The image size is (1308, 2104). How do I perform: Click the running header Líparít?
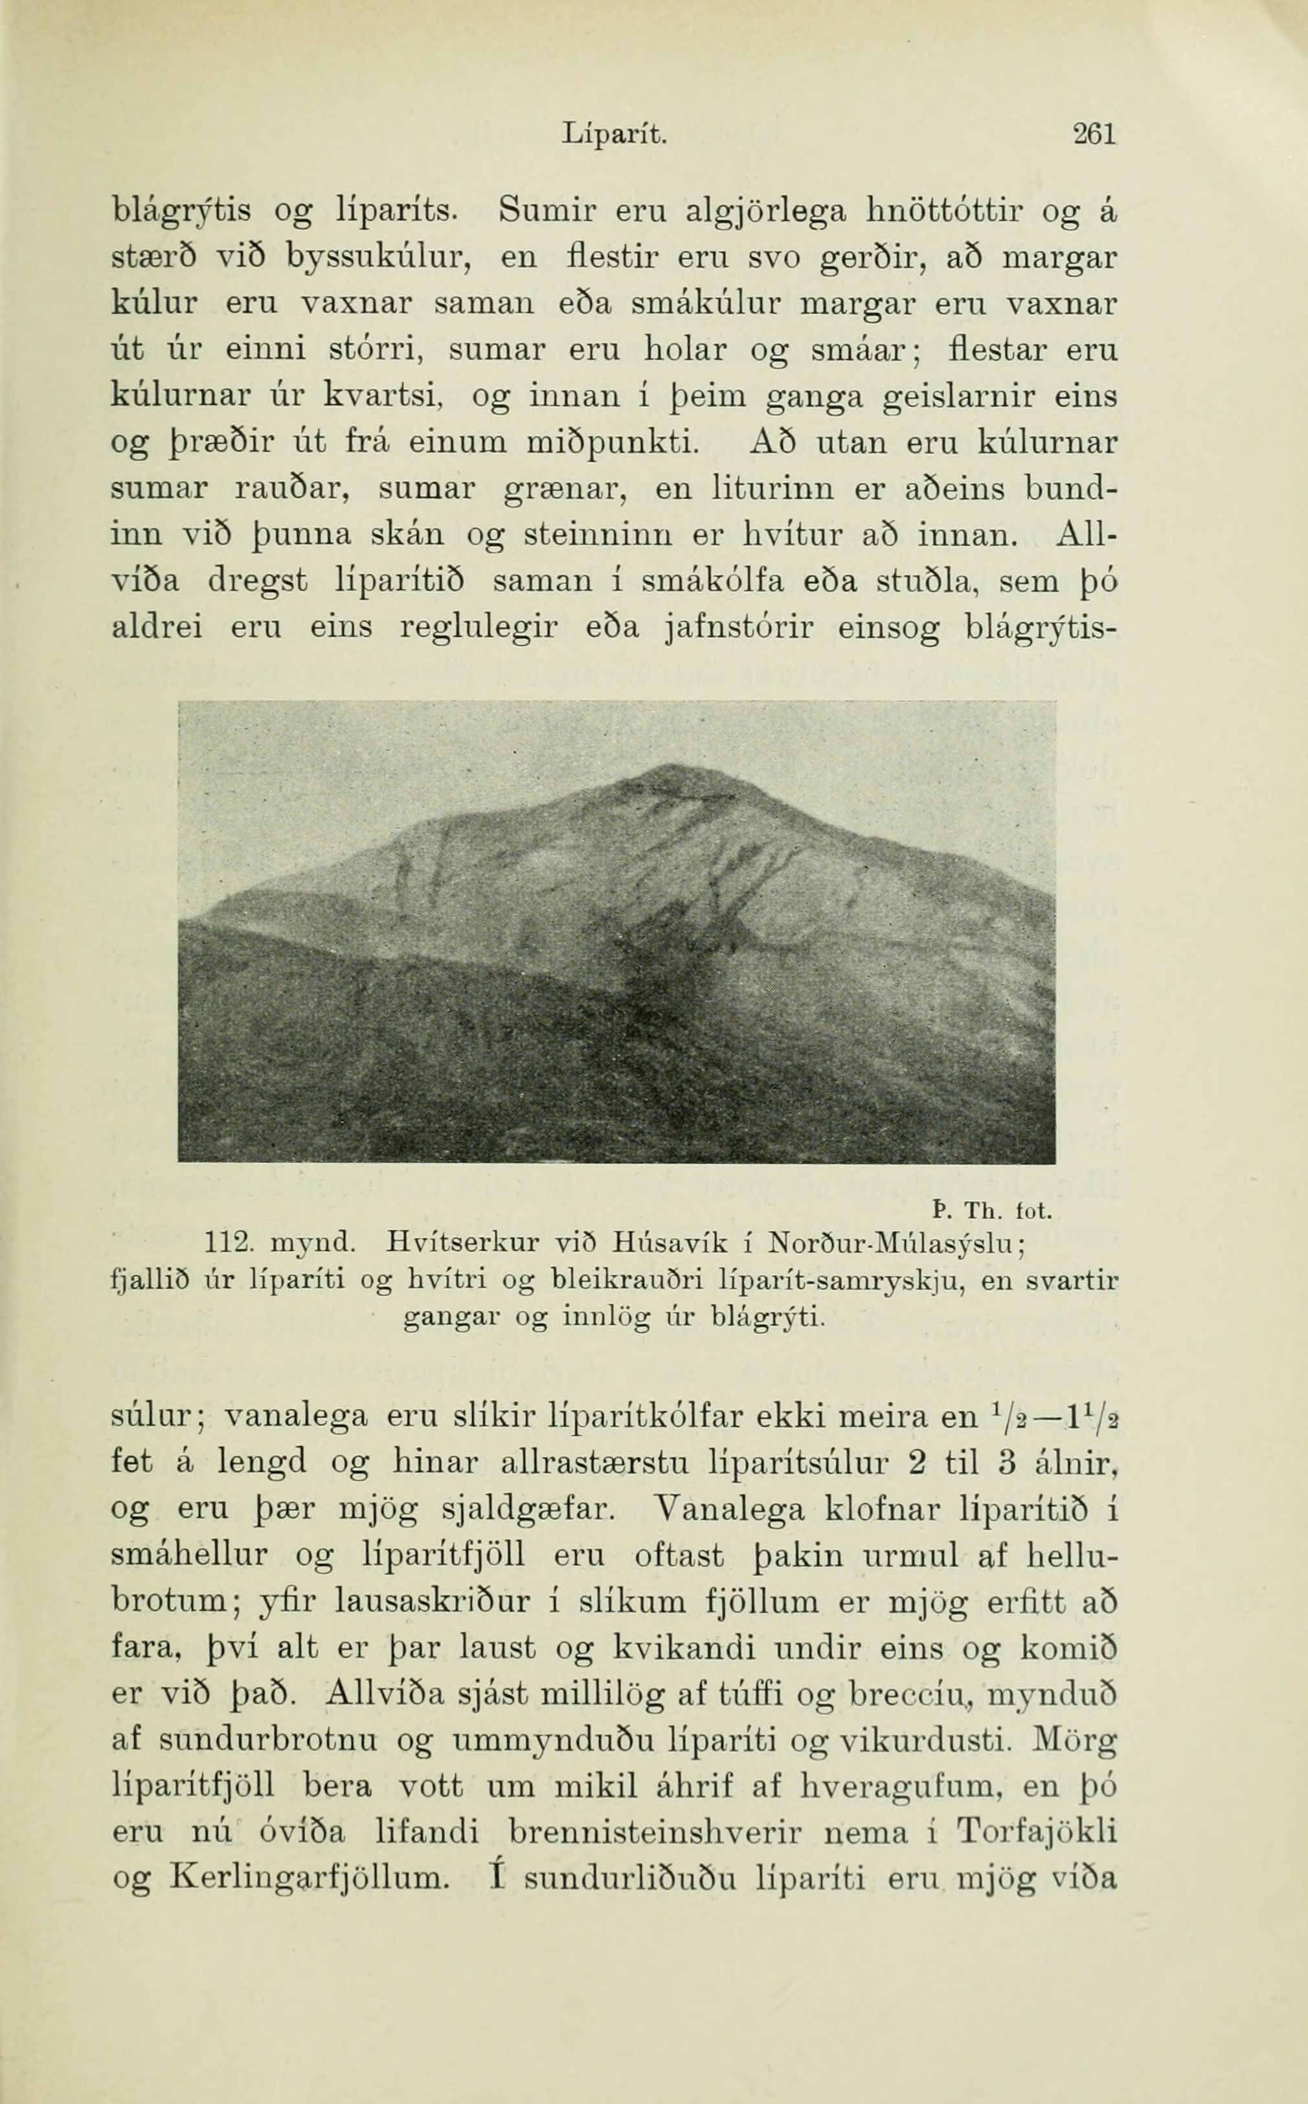click(615, 135)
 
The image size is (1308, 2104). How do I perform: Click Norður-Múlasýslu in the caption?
click(897, 1245)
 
